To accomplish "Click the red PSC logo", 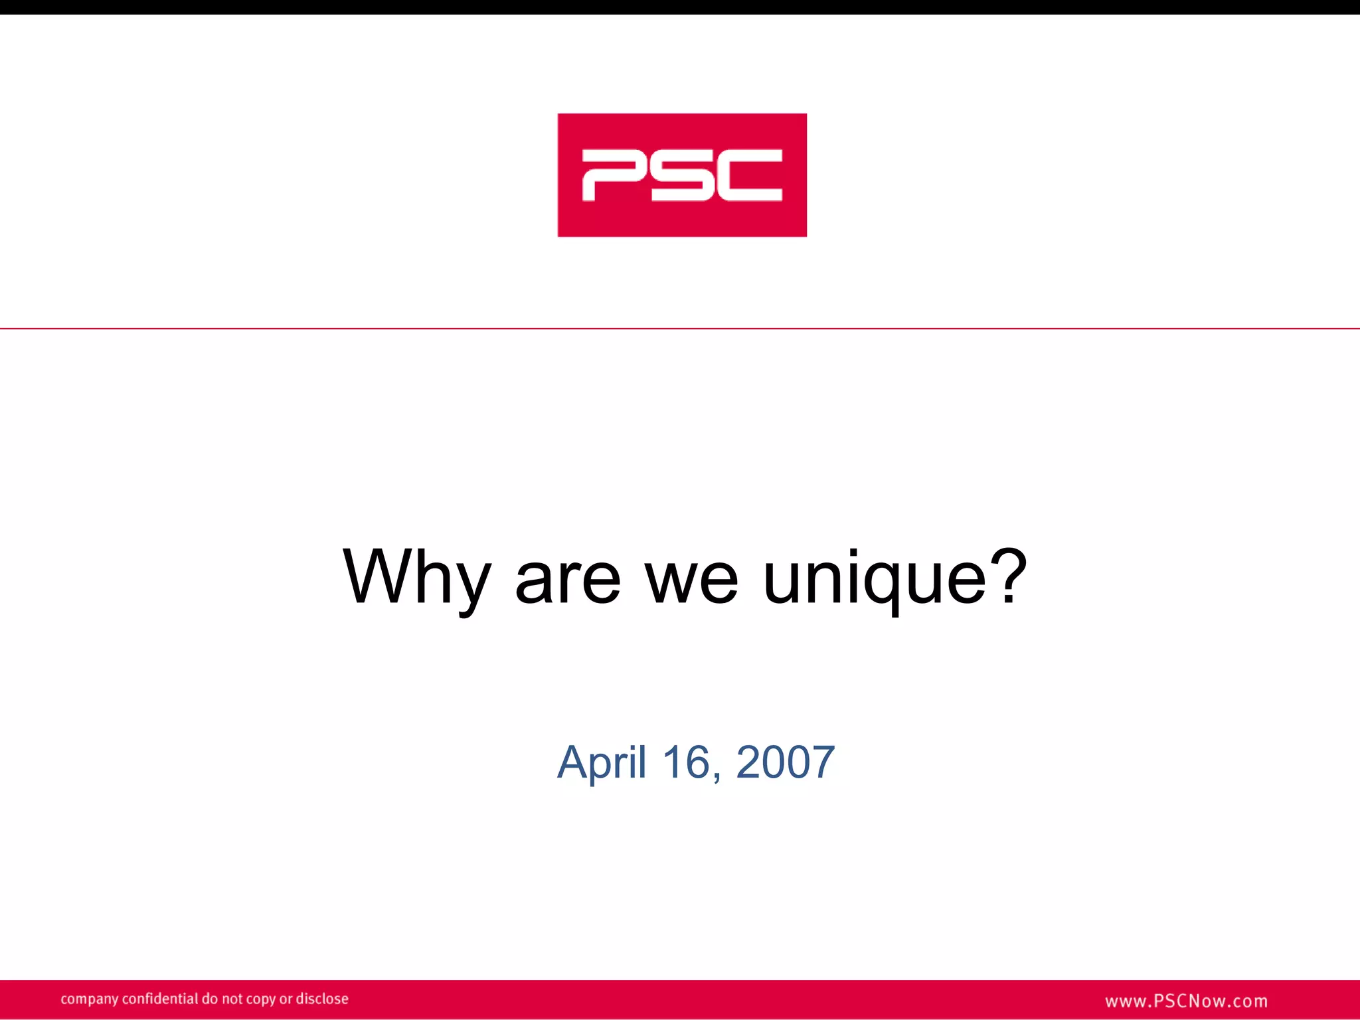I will click(682, 175).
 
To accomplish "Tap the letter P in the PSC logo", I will click(614, 175).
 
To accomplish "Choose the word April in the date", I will click(602, 762).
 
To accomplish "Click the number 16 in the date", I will click(687, 762).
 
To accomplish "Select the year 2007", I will click(785, 762).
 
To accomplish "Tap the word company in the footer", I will click(89, 999).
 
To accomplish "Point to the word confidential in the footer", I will click(160, 999).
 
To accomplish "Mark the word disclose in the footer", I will click(322, 999).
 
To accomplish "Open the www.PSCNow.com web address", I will click(1186, 1001).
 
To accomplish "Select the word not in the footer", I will click(232, 999).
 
